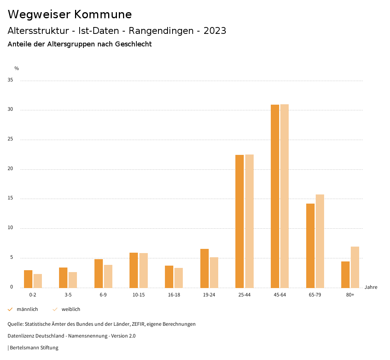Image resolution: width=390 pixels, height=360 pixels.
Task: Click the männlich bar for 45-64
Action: [x=275, y=196]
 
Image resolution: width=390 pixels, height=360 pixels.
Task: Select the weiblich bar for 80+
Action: [x=355, y=267]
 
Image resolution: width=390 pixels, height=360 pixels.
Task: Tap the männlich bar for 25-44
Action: [x=240, y=221]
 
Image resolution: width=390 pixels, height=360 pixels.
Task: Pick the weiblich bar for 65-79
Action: [x=320, y=241]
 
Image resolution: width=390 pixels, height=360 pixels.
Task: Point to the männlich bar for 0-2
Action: [x=28, y=279]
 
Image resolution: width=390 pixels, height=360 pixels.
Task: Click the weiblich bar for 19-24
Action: [x=214, y=272]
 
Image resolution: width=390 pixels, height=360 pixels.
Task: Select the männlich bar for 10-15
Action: [x=134, y=270]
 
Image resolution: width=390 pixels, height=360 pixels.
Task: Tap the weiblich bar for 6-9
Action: [x=108, y=276]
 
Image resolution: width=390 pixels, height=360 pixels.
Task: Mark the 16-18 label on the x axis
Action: [x=174, y=295]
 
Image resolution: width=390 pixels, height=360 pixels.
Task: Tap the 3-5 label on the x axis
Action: [x=68, y=295]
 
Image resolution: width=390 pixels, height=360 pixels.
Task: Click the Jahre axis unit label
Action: [x=371, y=287]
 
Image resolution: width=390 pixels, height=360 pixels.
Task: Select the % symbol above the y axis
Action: [x=17, y=68]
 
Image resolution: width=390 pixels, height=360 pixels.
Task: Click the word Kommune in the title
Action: [x=103, y=14]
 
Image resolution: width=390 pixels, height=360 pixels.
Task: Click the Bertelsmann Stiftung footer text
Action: [x=34, y=348]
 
